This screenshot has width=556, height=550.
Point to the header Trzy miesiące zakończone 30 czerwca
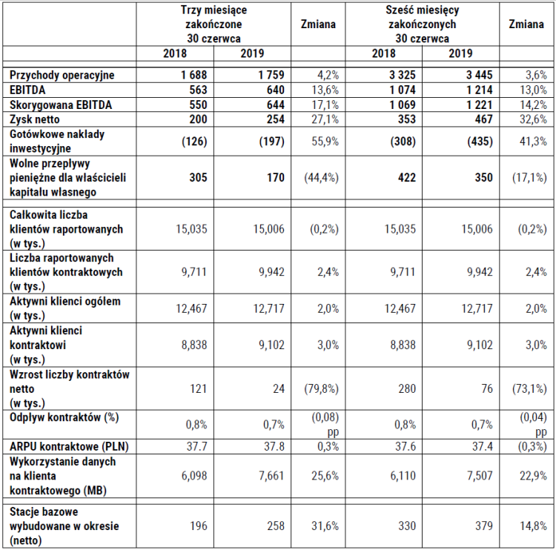tap(214, 24)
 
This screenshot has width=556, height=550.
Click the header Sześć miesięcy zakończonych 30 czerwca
tap(421, 24)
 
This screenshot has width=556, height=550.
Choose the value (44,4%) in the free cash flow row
tap(319, 178)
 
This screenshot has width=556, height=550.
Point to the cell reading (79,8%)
tap(319, 388)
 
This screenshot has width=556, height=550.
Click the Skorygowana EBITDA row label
tap(60, 105)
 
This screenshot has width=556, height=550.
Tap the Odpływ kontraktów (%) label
tap(64, 418)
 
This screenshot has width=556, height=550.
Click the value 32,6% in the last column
tap(532, 119)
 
